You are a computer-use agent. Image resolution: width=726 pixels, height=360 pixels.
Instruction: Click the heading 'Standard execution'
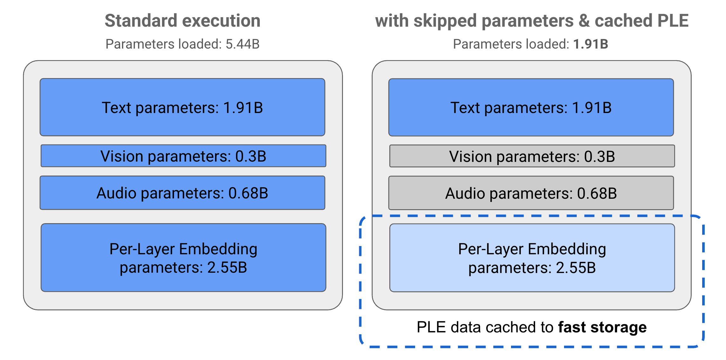[x=182, y=21]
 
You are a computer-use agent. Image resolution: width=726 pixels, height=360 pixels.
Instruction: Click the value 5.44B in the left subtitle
[x=242, y=44]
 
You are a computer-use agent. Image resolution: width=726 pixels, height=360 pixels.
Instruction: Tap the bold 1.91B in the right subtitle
[x=590, y=44]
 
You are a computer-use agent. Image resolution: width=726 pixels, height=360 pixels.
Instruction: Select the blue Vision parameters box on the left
[x=183, y=156]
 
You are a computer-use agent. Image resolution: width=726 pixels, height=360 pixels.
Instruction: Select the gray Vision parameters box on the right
[x=532, y=156]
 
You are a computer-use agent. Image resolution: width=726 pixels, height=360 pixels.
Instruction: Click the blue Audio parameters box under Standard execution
[x=182, y=193]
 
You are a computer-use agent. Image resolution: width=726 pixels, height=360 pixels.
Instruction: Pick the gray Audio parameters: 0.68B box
[x=531, y=193]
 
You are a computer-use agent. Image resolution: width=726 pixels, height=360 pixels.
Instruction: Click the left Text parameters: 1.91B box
[x=182, y=107]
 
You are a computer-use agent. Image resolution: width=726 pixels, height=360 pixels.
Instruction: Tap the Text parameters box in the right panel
[x=531, y=108]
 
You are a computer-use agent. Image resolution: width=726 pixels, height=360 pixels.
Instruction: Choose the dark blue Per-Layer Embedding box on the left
[x=183, y=258]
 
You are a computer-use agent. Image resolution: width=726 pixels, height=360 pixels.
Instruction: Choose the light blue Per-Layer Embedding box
[x=532, y=258]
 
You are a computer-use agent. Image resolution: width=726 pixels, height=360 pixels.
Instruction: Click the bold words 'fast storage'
[x=602, y=327]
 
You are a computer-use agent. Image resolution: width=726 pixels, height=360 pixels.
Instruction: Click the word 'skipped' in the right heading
[x=445, y=21]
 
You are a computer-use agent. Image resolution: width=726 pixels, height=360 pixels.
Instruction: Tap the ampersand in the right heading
[x=584, y=21]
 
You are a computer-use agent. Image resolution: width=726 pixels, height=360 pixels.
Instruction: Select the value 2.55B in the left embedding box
[x=227, y=268]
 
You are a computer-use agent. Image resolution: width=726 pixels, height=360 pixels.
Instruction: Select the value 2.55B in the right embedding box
[x=576, y=268]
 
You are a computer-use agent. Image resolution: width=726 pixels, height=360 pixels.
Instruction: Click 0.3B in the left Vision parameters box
[x=251, y=156]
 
